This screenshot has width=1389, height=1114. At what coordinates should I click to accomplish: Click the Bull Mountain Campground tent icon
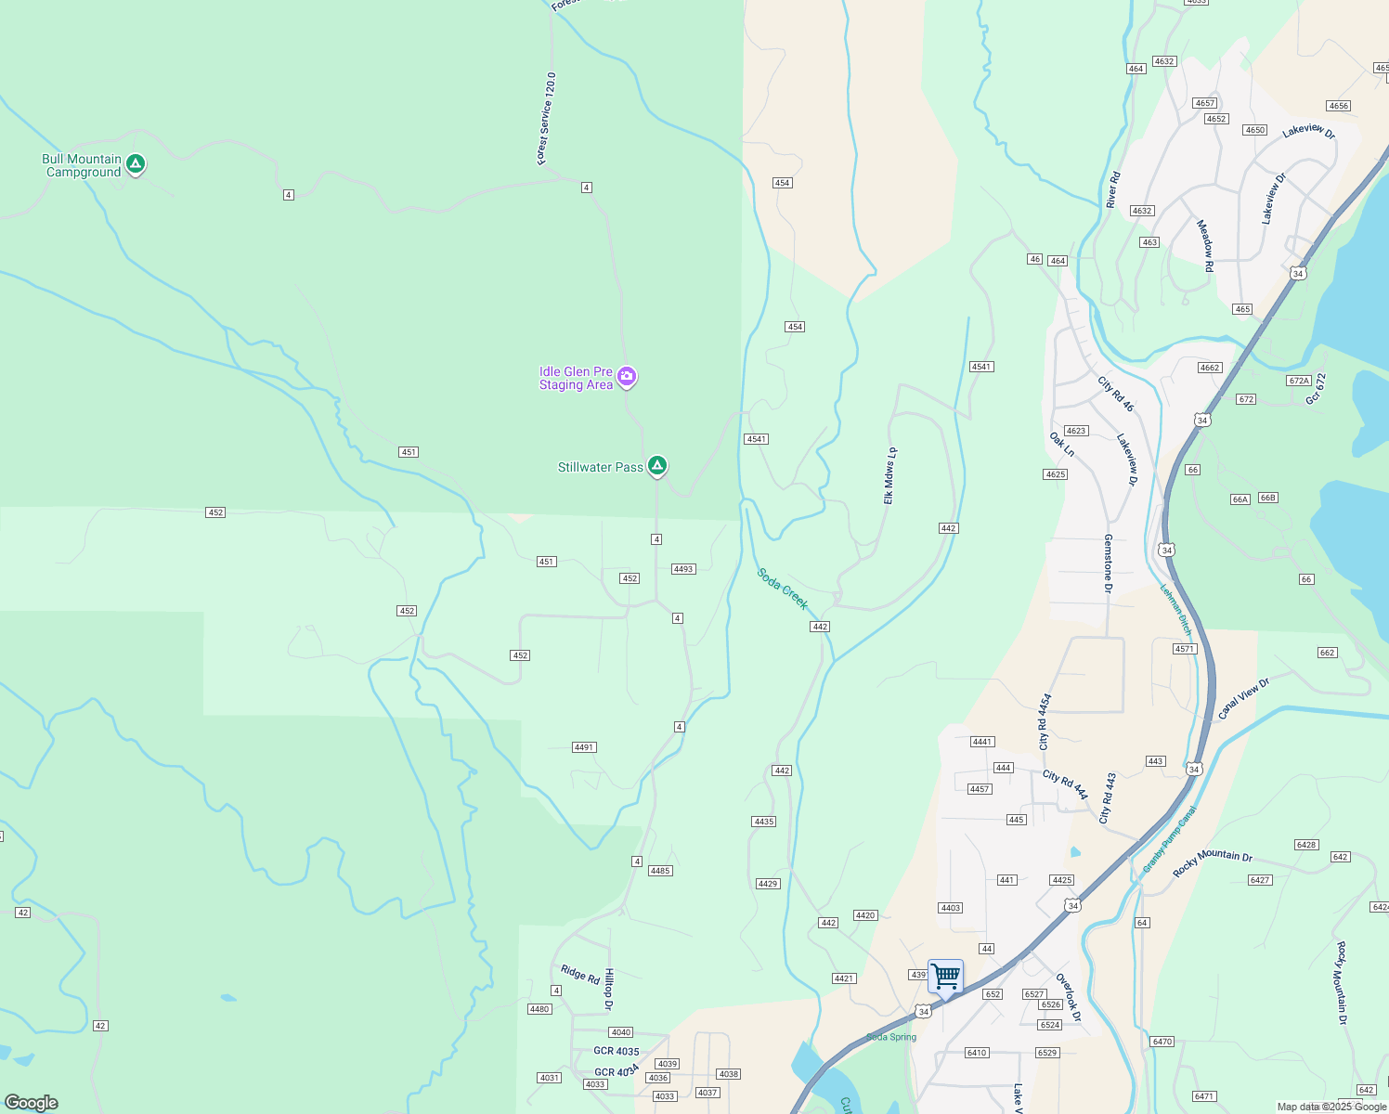pyautogui.click(x=136, y=164)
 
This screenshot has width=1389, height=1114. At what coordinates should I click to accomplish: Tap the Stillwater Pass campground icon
pyautogui.click(x=657, y=465)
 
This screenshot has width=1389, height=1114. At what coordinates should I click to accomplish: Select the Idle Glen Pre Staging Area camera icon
pyautogui.click(x=627, y=376)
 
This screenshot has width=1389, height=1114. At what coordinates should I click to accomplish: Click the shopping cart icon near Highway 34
pyautogui.click(x=945, y=976)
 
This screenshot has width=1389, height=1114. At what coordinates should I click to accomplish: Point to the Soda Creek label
pyautogui.click(x=783, y=589)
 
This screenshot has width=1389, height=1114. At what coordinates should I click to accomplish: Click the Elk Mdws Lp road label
pyautogui.click(x=889, y=475)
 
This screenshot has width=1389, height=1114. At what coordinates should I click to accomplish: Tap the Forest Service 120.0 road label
pyautogui.click(x=547, y=119)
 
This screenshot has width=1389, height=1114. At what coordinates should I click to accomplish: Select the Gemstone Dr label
pyautogui.click(x=1108, y=563)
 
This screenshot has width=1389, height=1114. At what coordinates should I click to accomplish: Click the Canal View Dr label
pyautogui.click(x=1243, y=699)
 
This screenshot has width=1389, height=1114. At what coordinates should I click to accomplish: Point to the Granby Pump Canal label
pyautogui.click(x=1169, y=839)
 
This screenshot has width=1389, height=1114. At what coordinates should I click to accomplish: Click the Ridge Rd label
pyautogui.click(x=580, y=974)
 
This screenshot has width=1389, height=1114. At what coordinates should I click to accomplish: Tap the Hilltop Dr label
pyautogui.click(x=610, y=990)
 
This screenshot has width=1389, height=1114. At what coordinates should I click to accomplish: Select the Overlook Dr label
pyautogui.click(x=1069, y=998)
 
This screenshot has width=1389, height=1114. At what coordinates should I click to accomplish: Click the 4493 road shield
pyautogui.click(x=683, y=569)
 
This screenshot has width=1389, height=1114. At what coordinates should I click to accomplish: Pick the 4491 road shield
pyautogui.click(x=584, y=747)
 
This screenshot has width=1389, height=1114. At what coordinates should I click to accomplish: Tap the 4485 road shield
pyautogui.click(x=660, y=871)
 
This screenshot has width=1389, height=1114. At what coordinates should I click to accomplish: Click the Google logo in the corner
pyautogui.click(x=31, y=1103)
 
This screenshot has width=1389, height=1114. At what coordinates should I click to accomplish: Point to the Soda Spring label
pyautogui.click(x=891, y=1037)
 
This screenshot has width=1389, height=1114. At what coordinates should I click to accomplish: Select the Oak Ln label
pyautogui.click(x=1061, y=445)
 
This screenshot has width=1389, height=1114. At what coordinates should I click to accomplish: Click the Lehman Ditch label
pyautogui.click(x=1175, y=609)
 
